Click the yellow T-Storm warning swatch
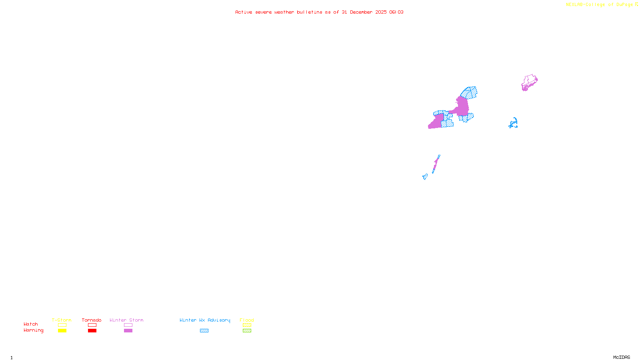tap(62, 331)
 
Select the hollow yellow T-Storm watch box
tap(62, 325)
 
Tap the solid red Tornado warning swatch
tap(92, 331)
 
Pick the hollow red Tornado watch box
tap(92, 325)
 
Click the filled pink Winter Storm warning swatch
tap(128, 331)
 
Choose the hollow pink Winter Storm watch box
tap(128, 325)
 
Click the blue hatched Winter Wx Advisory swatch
tap(204, 331)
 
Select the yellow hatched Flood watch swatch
tap(247, 325)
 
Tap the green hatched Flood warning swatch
tap(247, 331)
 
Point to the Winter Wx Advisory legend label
tap(205, 320)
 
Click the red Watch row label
tap(31, 324)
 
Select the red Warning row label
tap(33, 330)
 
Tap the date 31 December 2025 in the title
tap(364, 12)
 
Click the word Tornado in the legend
tap(92, 320)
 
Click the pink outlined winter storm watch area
tap(530, 80)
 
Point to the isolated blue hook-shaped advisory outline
tap(514, 123)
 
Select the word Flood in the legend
tap(247, 320)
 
